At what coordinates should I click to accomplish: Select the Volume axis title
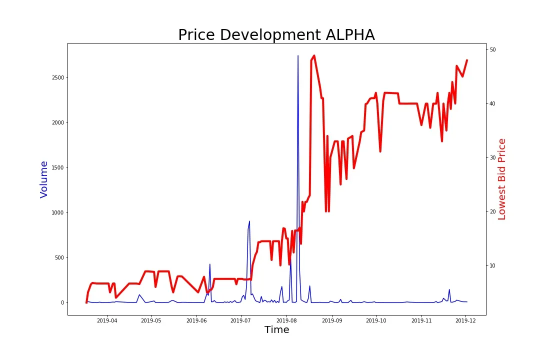click(x=44, y=179)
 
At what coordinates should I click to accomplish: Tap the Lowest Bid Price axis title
click(x=502, y=179)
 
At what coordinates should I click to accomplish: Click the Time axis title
click(x=276, y=330)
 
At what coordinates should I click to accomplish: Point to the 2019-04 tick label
click(x=107, y=320)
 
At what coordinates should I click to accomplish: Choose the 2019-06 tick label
click(x=196, y=320)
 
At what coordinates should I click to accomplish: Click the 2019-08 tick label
click(x=286, y=320)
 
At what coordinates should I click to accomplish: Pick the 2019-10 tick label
click(x=376, y=320)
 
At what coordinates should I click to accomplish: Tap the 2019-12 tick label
click(x=466, y=320)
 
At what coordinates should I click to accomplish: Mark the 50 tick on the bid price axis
click(x=493, y=50)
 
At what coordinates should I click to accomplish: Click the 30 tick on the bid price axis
click(x=493, y=158)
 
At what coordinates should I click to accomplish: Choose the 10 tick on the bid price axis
click(x=493, y=266)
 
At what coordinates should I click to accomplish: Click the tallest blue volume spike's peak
click(x=298, y=56)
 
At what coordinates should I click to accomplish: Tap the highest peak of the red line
click(x=314, y=55)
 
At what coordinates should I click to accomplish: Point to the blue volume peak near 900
click(x=249, y=221)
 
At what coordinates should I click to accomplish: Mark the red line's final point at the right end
click(x=467, y=60)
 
